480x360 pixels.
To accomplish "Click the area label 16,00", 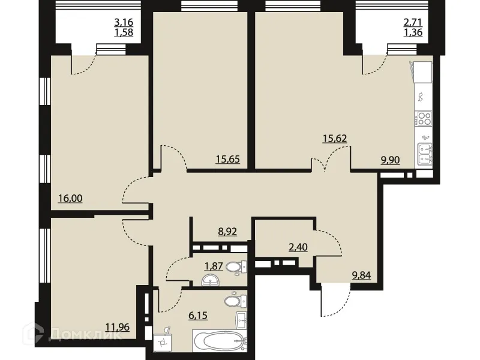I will coord(70,198).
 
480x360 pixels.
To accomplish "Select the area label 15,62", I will coord(334,138).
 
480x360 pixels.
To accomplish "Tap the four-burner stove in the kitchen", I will coord(424,118).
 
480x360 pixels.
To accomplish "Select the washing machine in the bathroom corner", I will coord(163,343).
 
